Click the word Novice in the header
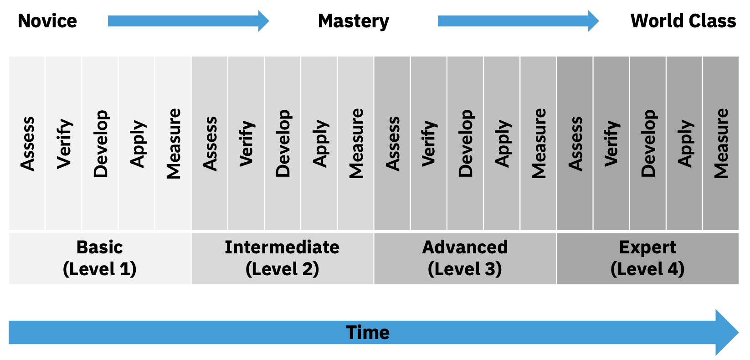click(x=47, y=21)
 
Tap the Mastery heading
click(x=354, y=21)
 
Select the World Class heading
click(x=683, y=21)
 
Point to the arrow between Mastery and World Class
click(x=518, y=21)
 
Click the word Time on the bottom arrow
click(x=368, y=333)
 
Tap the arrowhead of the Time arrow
click(x=727, y=333)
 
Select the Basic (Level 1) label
click(x=100, y=258)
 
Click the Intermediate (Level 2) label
click(x=282, y=258)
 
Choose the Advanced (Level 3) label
click(x=465, y=258)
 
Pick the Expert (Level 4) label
click(x=647, y=258)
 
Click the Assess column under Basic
click(x=27, y=144)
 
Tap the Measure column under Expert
click(x=721, y=144)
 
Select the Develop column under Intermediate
click(x=283, y=144)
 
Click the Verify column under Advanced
click(x=429, y=144)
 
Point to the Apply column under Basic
click(x=137, y=144)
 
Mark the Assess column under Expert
click(x=575, y=144)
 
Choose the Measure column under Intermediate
click(x=355, y=144)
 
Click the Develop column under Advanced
click(x=465, y=144)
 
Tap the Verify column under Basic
click(x=64, y=144)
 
